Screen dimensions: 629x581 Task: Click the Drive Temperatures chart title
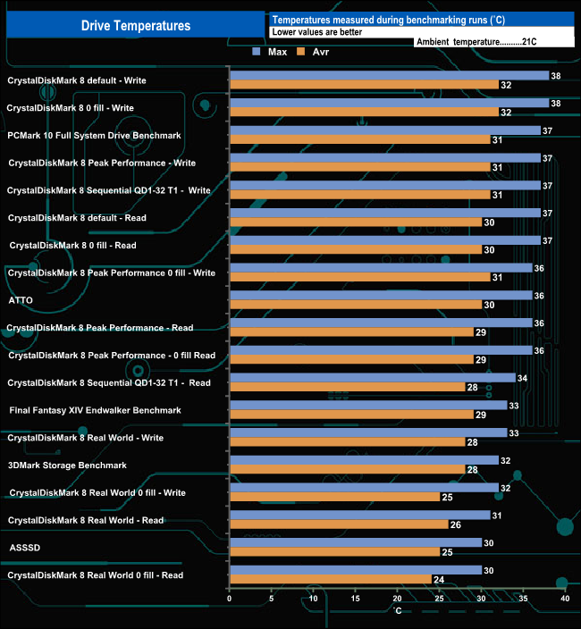pos(136,26)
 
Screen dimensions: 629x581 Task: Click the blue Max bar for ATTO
pos(381,296)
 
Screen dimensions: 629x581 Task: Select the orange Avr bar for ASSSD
pos(334,551)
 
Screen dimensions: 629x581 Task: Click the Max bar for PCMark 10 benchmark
pos(385,130)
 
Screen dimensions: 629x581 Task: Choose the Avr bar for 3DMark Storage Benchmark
pos(347,469)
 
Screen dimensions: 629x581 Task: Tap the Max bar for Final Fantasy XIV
pos(368,406)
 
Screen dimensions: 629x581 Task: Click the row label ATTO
pos(20,300)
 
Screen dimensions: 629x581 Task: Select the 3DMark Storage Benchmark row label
pos(67,465)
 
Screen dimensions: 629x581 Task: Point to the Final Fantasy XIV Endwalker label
pos(95,410)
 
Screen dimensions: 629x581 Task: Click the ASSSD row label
pos(23,548)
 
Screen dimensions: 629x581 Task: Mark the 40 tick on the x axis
pos(565,600)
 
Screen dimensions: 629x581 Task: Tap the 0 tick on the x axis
pos(230,600)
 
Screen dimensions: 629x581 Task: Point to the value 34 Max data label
pos(523,378)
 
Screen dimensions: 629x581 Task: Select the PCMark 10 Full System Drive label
pos(94,135)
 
